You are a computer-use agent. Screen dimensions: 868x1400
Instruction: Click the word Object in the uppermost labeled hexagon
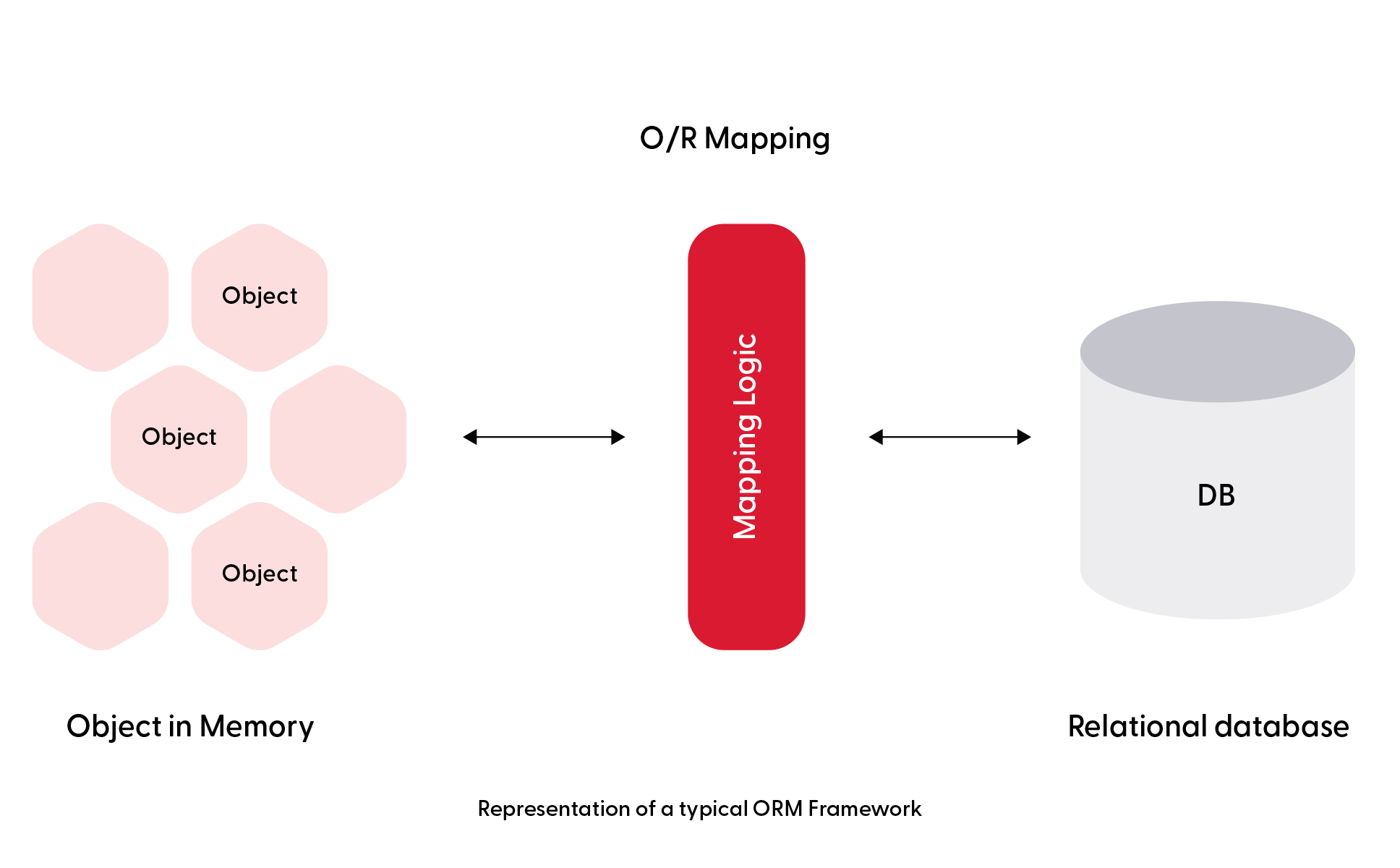pos(260,296)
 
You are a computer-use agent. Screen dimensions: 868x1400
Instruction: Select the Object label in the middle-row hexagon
pos(179,437)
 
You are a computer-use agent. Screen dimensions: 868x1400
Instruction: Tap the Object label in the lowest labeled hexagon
pos(260,574)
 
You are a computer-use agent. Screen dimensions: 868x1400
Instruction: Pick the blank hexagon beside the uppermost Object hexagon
pos(101,297)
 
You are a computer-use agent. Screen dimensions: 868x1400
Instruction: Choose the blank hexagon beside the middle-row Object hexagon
pos(338,439)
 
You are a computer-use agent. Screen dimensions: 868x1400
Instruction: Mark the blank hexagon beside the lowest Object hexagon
pos(101,576)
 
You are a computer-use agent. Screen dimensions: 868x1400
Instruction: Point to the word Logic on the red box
pos(746,370)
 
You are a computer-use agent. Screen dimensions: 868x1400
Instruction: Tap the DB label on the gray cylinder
pos(1216,495)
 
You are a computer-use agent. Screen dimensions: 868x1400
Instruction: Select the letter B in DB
pos(1226,495)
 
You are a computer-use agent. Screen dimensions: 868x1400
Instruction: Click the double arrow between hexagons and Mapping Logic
pos(544,437)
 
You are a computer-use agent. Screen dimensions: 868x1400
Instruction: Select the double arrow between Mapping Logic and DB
pos(950,437)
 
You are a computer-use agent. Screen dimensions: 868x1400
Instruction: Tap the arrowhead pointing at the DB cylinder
pos(1024,437)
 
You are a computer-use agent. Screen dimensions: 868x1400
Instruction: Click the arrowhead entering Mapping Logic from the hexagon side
pos(618,437)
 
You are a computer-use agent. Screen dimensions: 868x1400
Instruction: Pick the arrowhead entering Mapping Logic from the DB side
pos(876,437)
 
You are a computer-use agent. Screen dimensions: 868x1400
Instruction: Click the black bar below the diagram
pos(700,810)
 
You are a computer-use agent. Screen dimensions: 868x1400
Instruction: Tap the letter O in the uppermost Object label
pos(231,296)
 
